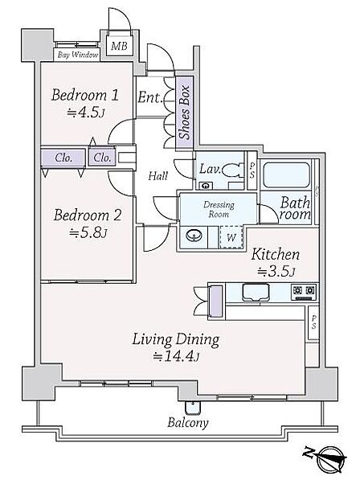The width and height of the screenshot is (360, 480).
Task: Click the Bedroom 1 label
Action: tap(84, 95)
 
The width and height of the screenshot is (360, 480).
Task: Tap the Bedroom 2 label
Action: tap(88, 215)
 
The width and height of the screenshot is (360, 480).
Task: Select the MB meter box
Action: tap(119, 46)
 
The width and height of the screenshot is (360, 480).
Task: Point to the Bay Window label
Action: tap(78, 55)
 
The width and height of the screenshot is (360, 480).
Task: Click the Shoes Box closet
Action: tap(185, 113)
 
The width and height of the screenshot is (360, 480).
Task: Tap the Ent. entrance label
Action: tap(149, 97)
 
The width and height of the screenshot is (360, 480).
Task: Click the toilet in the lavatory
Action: tap(232, 170)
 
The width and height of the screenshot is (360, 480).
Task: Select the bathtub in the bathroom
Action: tap(286, 174)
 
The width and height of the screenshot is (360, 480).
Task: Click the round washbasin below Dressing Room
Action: tap(194, 236)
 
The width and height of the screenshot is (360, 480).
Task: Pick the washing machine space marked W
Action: tap(231, 237)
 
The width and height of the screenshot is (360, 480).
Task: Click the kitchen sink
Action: tap(256, 293)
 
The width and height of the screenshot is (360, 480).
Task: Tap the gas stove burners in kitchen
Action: tap(304, 293)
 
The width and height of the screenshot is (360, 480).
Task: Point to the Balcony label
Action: tap(188, 423)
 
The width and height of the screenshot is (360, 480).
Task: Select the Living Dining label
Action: tap(175, 340)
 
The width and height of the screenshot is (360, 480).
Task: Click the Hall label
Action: tap(157, 176)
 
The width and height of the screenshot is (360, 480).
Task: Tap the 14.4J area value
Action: tap(177, 357)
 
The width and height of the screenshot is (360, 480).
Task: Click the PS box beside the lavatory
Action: tap(252, 170)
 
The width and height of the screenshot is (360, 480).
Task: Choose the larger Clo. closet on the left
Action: tap(63, 158)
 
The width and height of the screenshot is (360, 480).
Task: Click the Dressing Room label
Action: tap(219, 209)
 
